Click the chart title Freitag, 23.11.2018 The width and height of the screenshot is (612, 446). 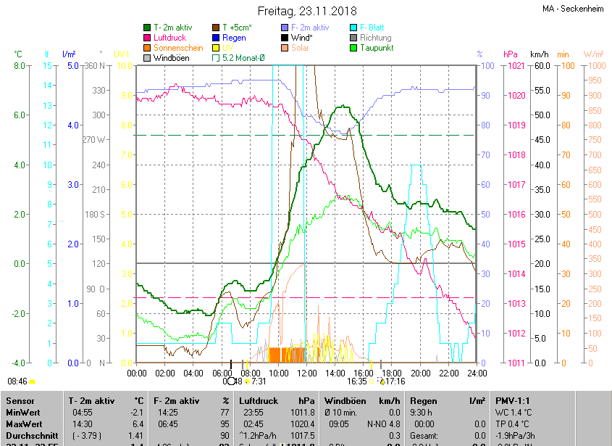[x=306, y=11]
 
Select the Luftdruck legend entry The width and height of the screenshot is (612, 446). [x=169, y=38]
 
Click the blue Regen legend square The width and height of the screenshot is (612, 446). [x=216, y=38]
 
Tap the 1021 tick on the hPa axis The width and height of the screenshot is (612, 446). [x=516, y=66]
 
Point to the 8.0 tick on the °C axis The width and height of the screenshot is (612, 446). [x=19, y=66]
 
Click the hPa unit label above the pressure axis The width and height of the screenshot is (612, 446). [x=510, y=54]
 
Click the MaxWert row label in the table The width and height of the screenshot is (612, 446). [x=25, y=424]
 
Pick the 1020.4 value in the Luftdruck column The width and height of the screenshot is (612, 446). [x=303, y=424]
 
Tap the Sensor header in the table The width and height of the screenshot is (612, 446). [x=20, y=400]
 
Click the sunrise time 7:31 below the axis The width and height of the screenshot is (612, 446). [x=259, y=381]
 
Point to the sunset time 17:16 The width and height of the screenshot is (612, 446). [x=395, y=381]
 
